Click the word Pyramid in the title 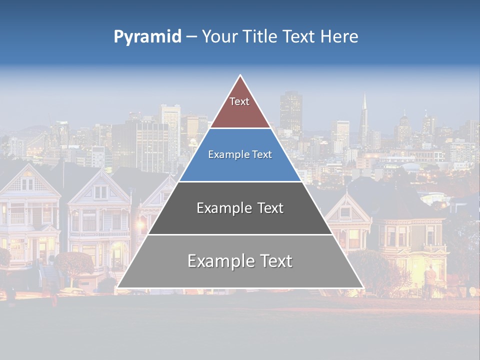(x=147, y=36)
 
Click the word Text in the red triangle (x=239, y=101)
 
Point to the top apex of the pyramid (x=240, y=75)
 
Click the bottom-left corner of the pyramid (x=117, y=287)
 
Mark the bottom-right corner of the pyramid (x=363, y=287)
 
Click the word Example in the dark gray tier (x=218, y=208)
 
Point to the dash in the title (x=191, y=37)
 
